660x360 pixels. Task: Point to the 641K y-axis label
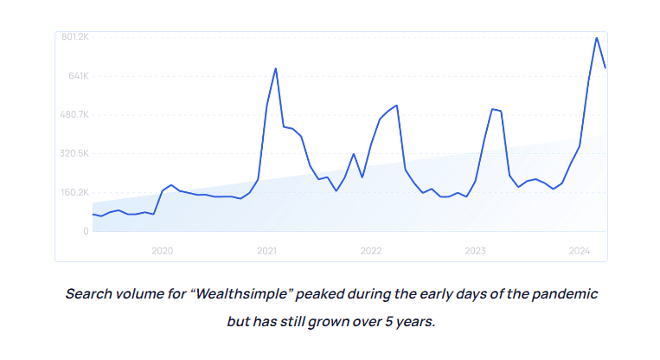coord(79,76)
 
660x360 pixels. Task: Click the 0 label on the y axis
coord(86,231)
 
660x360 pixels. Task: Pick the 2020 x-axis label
coord(163,250)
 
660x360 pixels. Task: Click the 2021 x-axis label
coord(266,250)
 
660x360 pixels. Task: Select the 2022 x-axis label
coord(371,250)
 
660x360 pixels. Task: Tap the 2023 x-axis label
coord(475,250)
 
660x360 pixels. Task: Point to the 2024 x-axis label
coord(579,250)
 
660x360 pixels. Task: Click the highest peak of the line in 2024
coord(596,38)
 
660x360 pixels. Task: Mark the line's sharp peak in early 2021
coord(275,68)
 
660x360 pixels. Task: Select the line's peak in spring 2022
coord(396,106)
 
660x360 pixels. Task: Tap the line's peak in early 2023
coord(491,109)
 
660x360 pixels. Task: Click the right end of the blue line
coord(605,67)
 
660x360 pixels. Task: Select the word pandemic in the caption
coord(564,293)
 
